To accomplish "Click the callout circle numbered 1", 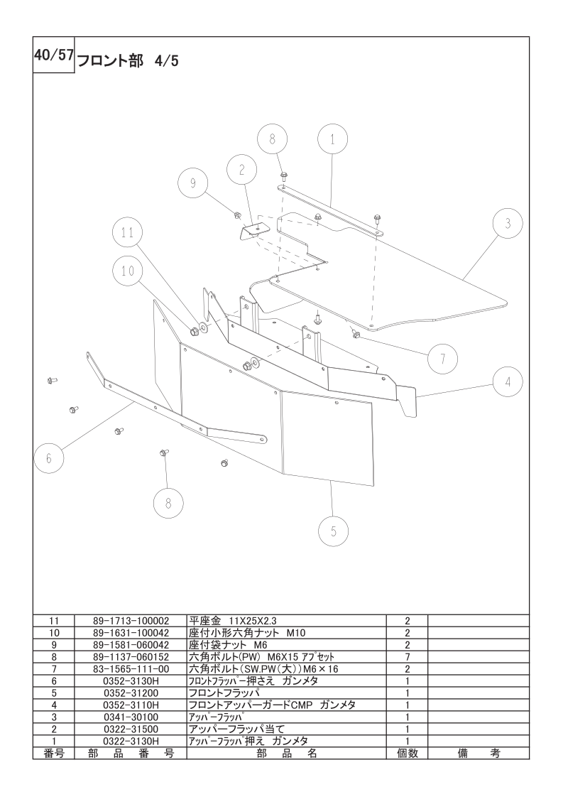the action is [x=333, y=139].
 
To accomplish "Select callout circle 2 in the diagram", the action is [x=242, y=170].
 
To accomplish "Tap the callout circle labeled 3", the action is [x=508, y=224].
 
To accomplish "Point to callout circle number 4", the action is [x=508, y=382].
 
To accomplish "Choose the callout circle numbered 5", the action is [x=334, y=531].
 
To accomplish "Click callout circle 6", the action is [x=49, y=458].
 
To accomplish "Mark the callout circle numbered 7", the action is [x=442, y=359].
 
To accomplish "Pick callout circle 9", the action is [x=193, y=183].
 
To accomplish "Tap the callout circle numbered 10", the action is [x=128, y=271].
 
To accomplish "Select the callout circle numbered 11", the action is [x=127, y=232].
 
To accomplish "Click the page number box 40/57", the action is [x=54, y=55].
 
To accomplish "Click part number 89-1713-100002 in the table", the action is [x=131, y=621].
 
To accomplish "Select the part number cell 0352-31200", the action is [x=131, y=693].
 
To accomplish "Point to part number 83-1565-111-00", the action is [x=131, y=669].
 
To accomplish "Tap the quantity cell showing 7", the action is [x=408, y=657].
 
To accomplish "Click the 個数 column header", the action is [x=408, y=753].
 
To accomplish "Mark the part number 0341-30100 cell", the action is [x=131, y=717].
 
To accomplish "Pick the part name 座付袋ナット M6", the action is [x=228, y=644].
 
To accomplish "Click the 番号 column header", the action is [x=54, y=753].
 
